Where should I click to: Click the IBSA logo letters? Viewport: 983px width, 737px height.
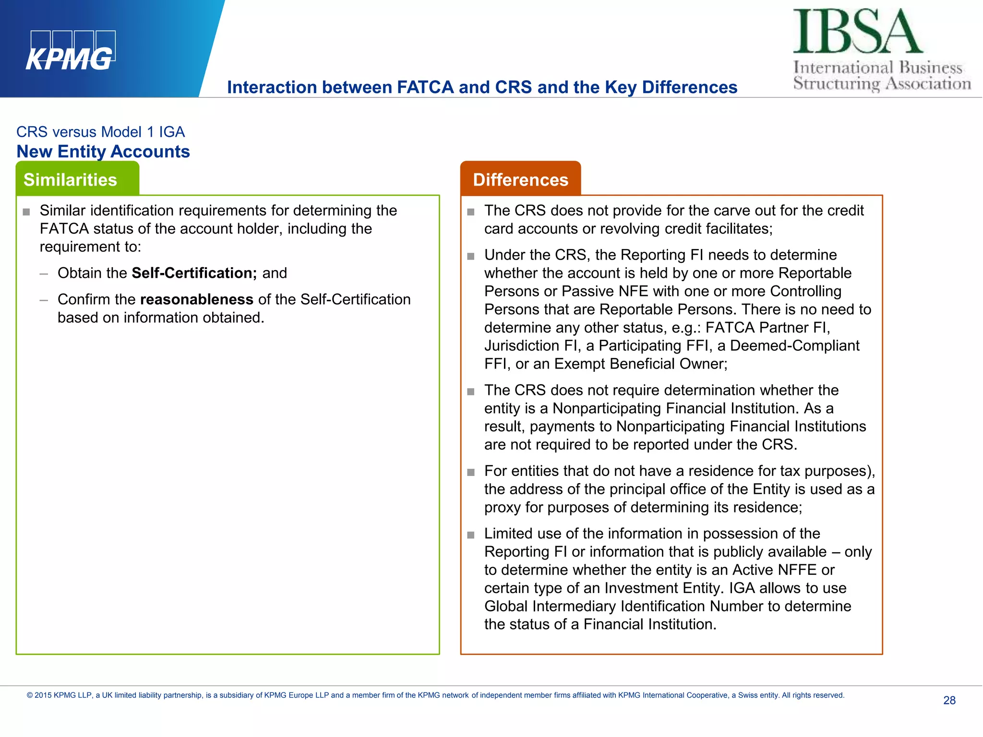(x=857, y=32)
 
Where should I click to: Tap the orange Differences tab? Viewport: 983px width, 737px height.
(x=520, y=179)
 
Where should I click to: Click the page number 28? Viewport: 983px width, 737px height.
(x=949, y=700)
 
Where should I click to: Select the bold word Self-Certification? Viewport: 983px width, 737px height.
(x=194, y=273)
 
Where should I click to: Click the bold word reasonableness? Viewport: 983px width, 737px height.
(x=196, y=299)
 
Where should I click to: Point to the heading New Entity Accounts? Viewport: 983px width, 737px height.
(x=103, y=152)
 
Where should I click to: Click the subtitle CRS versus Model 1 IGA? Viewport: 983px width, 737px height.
(x=100, y=132)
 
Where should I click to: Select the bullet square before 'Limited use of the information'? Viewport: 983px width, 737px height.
(x=471, y=535)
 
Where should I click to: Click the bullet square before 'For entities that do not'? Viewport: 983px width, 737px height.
(x=471, y=472)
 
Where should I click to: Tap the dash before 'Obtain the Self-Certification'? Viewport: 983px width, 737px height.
(x=44, y=274)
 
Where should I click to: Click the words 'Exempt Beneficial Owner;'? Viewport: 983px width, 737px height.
(x=641, y=364)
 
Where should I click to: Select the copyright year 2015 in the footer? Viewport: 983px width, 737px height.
(x=43, y=695)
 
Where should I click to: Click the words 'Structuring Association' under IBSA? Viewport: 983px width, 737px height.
(x=882, y=83)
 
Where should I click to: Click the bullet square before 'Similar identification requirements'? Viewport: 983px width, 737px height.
(x=26, y=212)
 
